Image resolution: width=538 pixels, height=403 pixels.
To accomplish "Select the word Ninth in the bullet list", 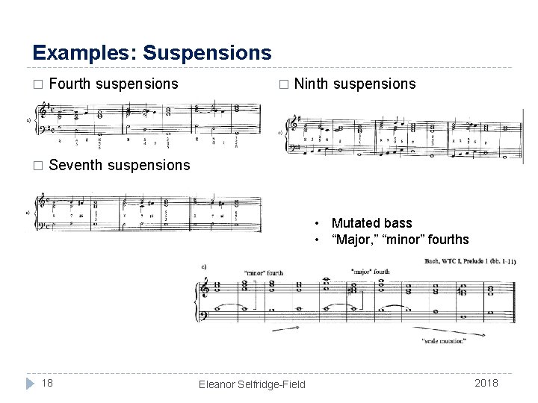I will (x=312, y=84).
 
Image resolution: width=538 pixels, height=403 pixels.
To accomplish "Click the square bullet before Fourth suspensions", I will (x=39, y=84).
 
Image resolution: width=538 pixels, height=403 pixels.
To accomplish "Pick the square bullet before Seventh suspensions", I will (x=39, y=165).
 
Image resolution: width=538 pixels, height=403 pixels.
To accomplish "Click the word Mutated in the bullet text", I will (x=357, y=223).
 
